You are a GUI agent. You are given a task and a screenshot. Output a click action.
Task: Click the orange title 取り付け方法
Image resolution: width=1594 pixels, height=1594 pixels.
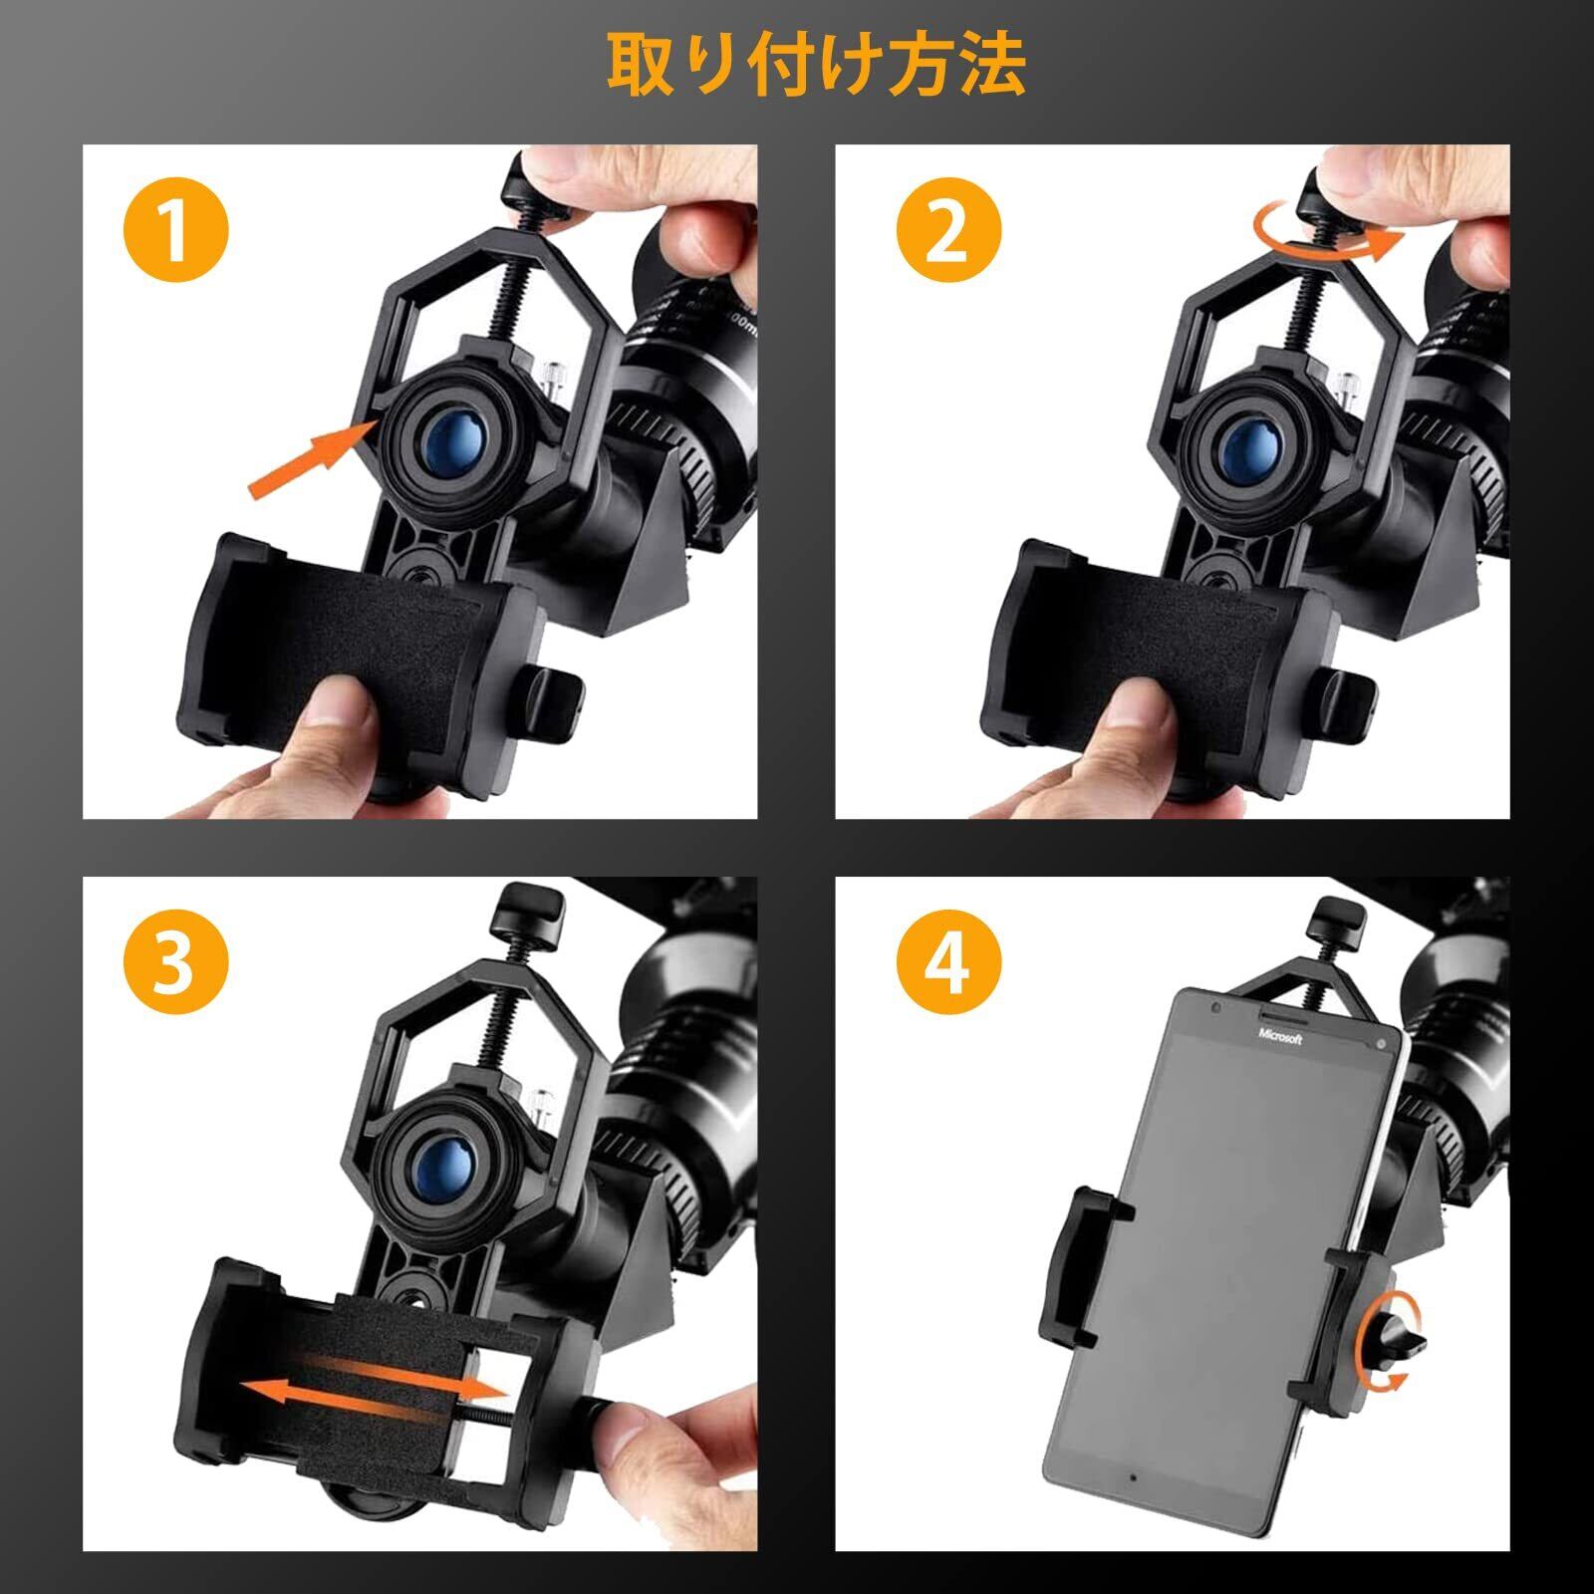point(817,66)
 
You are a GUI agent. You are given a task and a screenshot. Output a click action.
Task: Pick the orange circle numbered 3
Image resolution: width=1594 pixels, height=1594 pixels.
point(175,963)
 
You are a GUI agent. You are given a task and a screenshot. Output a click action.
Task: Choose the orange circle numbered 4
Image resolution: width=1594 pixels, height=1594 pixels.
point(947,963)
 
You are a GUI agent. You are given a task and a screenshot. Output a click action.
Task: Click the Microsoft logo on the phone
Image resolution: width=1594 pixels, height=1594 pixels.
point(1279,1037)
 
